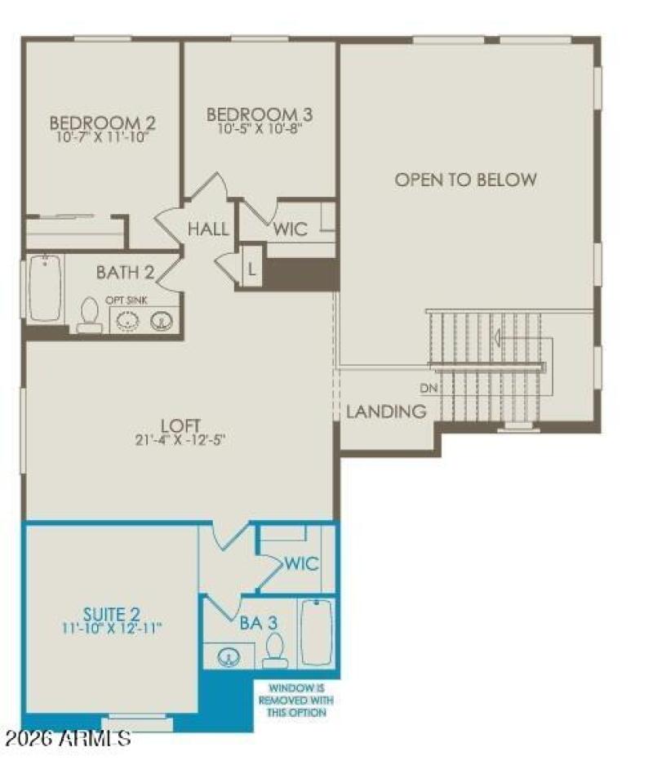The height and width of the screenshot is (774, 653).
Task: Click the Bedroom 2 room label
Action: [103, 123]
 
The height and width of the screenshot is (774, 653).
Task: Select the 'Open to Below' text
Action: [466, 180]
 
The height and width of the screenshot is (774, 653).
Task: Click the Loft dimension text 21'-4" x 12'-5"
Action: [181, 440]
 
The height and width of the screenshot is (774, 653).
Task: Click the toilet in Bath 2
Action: [89, 316]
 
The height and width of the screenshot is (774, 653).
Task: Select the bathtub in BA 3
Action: [316, 633]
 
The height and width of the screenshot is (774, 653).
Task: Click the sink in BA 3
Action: [229, 656]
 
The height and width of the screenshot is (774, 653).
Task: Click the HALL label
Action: [208, 229]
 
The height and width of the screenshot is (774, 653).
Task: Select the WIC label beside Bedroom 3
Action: [291, 229]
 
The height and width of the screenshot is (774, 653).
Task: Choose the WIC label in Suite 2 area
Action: [301, 564]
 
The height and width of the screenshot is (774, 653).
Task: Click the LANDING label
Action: [387, 411]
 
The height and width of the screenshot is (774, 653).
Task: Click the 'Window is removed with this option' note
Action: [296, 701]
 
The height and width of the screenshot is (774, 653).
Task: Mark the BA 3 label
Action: [258, 623]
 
